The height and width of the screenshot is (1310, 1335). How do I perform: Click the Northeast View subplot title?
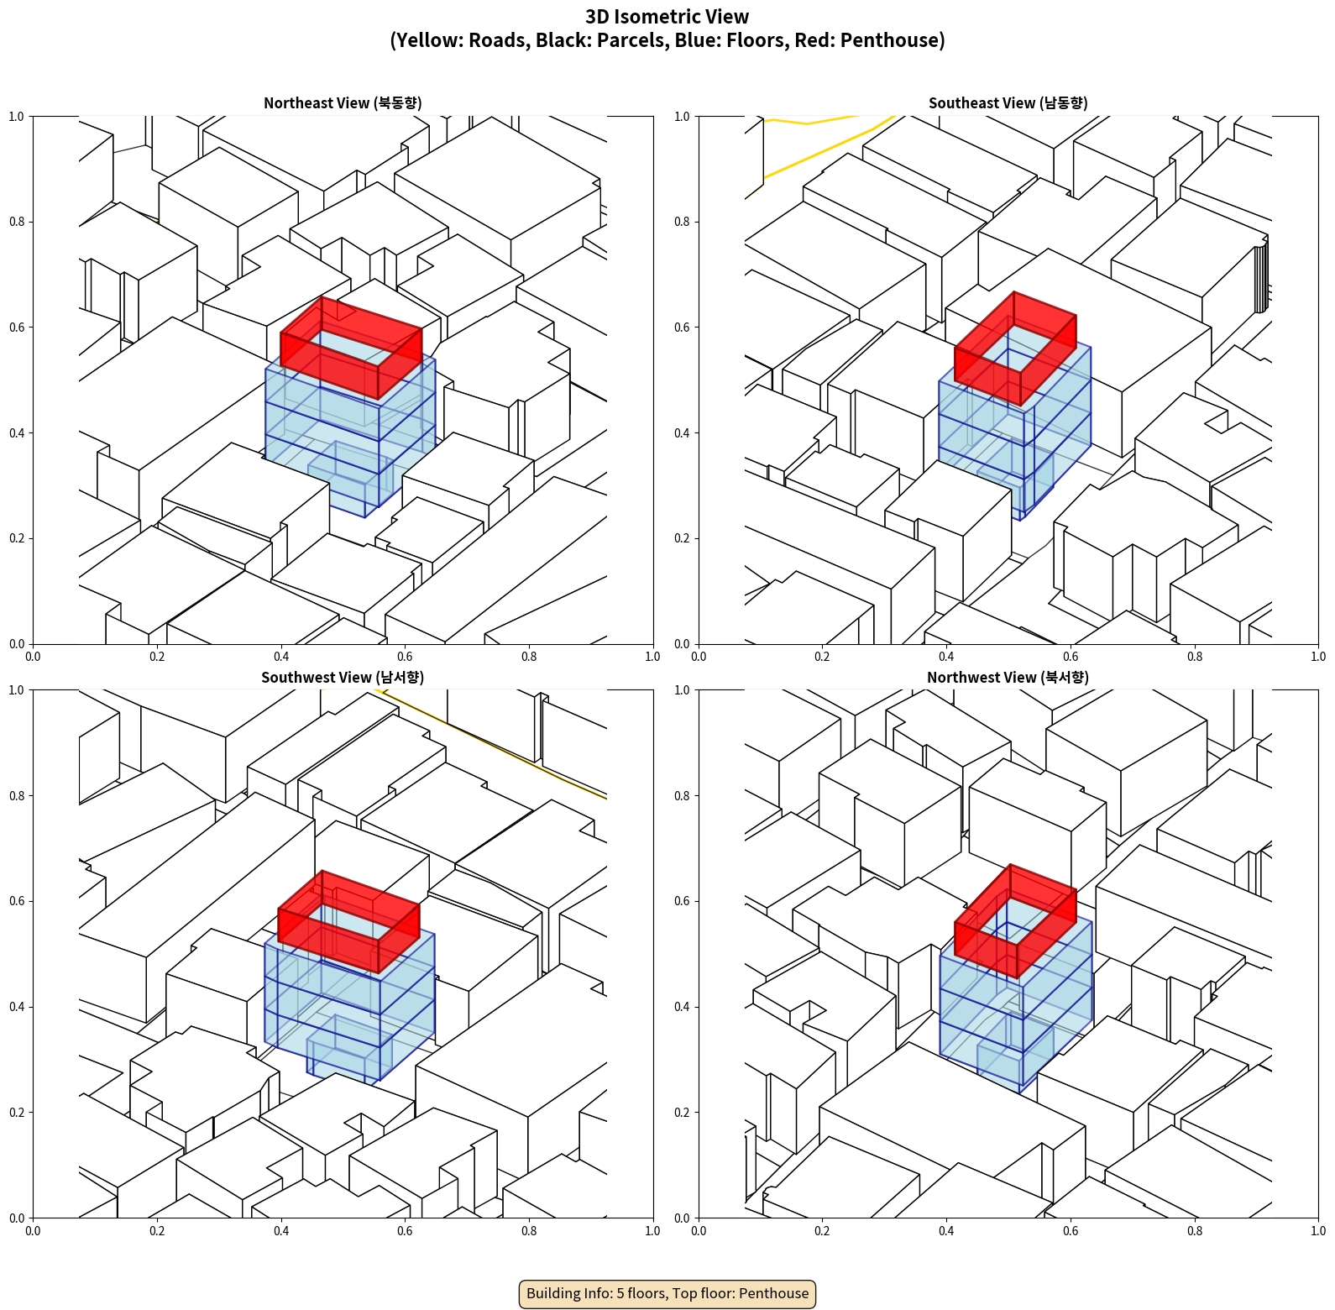[343, 103]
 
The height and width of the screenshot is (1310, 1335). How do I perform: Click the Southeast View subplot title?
[1008, 103]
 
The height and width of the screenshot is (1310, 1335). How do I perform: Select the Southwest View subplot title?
[343, 678]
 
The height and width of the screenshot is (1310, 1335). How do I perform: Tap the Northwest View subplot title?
[1008, 678]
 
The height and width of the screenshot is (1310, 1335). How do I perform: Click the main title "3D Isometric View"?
[667, 17]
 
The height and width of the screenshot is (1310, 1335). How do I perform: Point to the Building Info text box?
[667, 1293]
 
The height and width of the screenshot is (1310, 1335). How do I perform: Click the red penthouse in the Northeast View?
[351, 348]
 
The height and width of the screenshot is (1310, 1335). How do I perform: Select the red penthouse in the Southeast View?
[1015, 348]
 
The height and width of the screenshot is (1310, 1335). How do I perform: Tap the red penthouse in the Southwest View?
[348, 922]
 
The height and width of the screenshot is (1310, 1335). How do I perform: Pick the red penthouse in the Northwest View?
[1015, 921]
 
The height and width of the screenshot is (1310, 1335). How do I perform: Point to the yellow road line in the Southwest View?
[491, 744]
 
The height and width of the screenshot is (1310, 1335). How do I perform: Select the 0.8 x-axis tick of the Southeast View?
[1195, 657]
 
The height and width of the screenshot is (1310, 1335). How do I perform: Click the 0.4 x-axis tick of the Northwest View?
[946, 1231]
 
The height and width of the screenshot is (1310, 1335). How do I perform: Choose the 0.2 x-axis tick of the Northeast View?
[157, 657]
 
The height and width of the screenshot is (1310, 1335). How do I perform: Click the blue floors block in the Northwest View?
[1015, 1003]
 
